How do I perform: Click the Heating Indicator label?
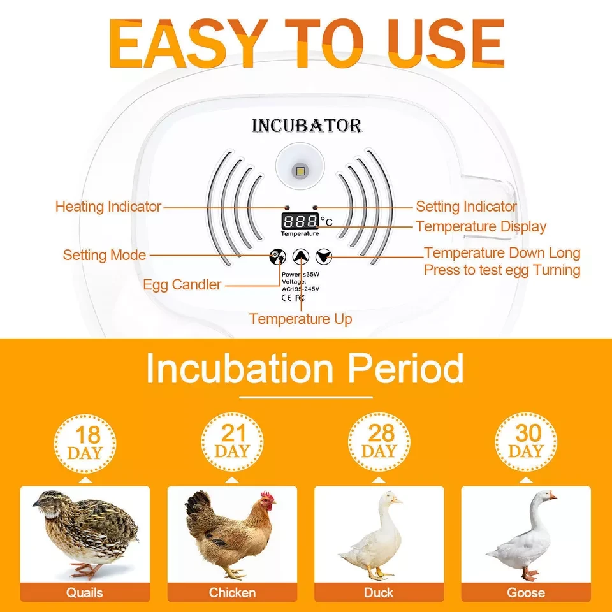pos(108,207)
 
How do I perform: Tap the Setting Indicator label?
pos(466,207)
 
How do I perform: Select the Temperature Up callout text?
pos(300,319)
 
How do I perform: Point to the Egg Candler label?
pos(182,284)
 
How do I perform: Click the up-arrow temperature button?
pos(301,256)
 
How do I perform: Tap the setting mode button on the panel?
pos(278,256)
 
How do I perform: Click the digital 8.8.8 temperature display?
pos(300,221)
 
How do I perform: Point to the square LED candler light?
pos(300,171)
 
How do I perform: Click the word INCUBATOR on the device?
pos(307,126)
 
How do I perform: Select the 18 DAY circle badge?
pos(85,444)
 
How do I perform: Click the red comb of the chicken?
pos(268,497)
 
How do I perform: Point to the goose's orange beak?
pos(553,496)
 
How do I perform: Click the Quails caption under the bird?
pos(85,592)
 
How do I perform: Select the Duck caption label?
pos(379,592)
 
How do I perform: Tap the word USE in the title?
pos(446,43)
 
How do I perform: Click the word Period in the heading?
pos(405,368)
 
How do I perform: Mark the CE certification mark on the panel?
pos(286,298)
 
